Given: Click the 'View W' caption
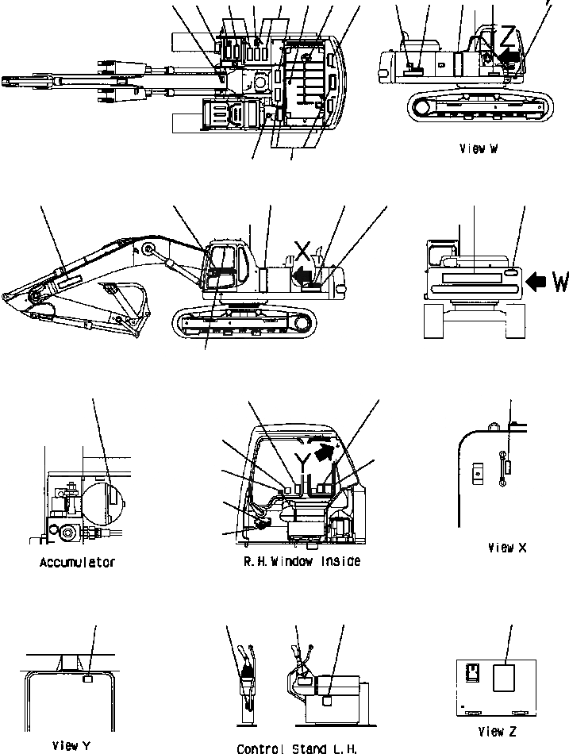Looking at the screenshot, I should pos(478,148).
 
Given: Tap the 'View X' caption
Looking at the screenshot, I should pos(507,547).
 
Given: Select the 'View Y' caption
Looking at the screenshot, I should pos(71,745).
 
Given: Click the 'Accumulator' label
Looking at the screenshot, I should pos(77,563).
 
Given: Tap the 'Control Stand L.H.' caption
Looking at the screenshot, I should pos(297,748).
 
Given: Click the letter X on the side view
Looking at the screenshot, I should pos(302,251).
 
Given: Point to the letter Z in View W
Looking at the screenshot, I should pos(507,37).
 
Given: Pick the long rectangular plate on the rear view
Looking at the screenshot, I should pos(471,278).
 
